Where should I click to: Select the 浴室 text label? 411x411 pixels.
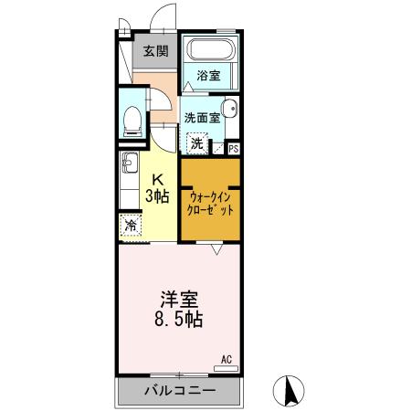[208, 77]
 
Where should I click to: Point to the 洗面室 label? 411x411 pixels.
[201, 118]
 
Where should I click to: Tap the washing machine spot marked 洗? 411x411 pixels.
[197, 142]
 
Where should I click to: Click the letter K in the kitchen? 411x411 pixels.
[158, 178]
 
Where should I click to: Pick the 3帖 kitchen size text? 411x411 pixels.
[158, 195]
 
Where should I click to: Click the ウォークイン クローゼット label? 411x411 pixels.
[210, 202]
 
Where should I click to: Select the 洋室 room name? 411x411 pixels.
[179, 300]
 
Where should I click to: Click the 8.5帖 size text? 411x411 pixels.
[179, 321]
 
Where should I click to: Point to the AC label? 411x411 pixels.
[227, 361]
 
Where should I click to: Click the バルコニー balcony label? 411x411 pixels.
[180, 391]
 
